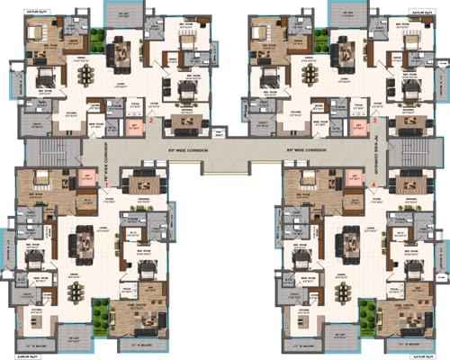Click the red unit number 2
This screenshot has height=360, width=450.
pos(153,119)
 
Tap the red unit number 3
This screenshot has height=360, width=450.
pos(374,119)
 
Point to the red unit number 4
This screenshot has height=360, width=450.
pos(374,184)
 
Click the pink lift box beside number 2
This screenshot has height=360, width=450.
pos(133,127)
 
